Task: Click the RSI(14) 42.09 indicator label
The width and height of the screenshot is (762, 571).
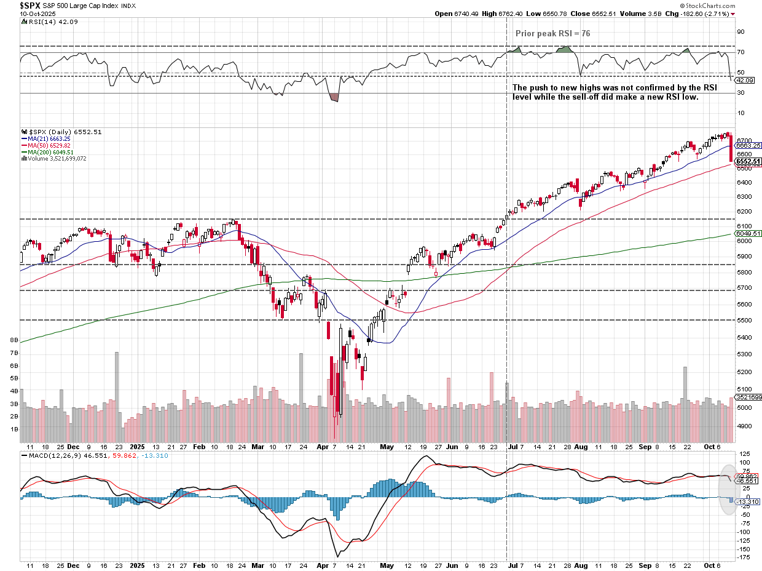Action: coord(47,22)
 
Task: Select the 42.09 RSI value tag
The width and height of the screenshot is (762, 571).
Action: coord(744,81)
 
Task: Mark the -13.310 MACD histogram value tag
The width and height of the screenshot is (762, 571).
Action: coord(748,502)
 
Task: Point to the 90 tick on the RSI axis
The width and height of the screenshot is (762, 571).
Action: coord(740,32)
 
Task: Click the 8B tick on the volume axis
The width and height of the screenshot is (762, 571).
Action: coord(14,340)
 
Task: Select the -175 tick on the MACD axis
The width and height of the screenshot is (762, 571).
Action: coord(744,557)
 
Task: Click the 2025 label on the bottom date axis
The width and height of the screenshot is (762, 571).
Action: coord(137,566)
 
